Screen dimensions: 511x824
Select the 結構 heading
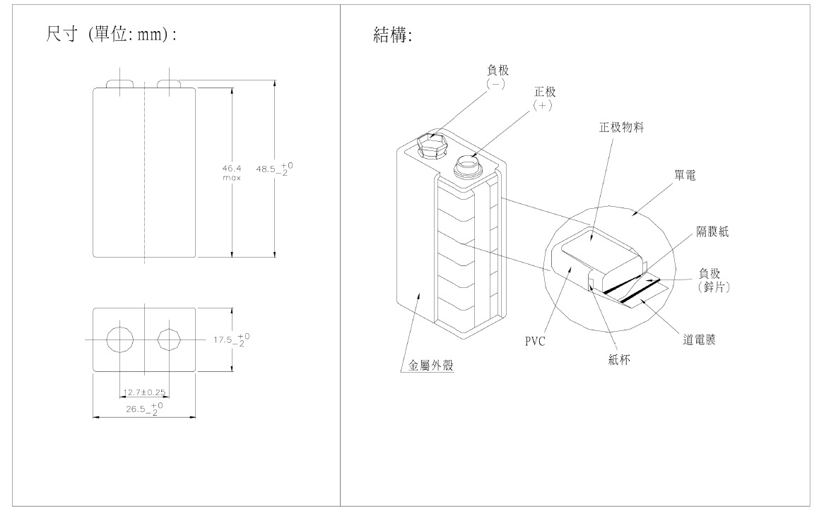(392, 35)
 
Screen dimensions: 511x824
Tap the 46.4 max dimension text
(231, 173)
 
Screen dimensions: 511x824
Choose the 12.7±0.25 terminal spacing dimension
(145, 392)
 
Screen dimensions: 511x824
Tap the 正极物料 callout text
(621, 128)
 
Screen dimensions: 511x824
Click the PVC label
(536, 341)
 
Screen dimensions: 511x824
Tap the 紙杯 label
(618, 359)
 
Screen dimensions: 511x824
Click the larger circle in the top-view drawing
(119, 340)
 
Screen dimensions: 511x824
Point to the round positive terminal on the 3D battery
(467, 165)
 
